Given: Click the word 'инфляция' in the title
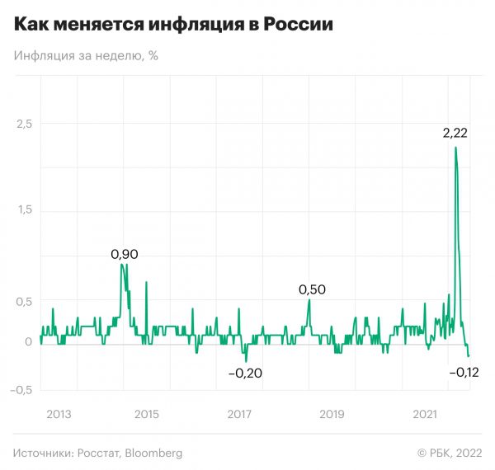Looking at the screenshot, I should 202,25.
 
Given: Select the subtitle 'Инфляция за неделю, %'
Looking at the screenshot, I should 86,56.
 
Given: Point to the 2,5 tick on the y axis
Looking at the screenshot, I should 26,123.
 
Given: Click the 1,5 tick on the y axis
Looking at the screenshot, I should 26,210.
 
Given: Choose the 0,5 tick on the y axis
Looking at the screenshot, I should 26,301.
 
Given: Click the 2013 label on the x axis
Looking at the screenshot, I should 54,413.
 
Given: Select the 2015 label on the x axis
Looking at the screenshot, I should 146,413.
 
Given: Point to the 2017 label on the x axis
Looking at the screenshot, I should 238,413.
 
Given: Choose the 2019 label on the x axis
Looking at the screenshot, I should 331,413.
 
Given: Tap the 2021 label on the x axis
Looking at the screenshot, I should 423,413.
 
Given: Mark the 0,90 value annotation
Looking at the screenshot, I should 125,254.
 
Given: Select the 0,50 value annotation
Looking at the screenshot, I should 312,289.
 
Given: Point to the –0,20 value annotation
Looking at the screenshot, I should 245,374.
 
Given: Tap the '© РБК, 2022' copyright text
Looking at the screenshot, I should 450,453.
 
